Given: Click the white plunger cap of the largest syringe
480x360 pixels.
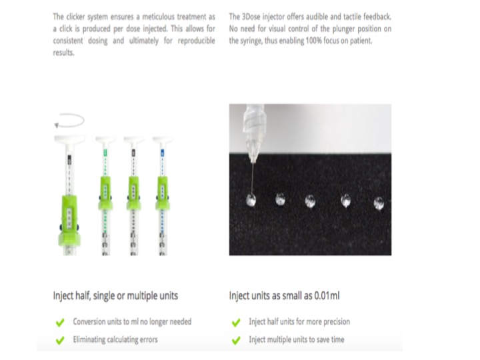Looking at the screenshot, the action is [69, 139].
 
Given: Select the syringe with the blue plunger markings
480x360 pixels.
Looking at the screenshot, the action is [163, 196].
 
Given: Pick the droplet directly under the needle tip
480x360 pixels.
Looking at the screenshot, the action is [251, 200].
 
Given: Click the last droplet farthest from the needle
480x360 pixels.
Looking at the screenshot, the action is [379, 203].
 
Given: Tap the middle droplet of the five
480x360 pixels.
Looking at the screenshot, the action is [310, 201].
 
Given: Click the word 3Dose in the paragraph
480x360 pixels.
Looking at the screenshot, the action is [251, 17].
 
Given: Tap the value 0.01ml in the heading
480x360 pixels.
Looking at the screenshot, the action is [327, 296].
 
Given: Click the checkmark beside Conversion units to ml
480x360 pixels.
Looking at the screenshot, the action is [60, 322].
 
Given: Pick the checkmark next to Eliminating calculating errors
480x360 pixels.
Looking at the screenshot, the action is [60, 340].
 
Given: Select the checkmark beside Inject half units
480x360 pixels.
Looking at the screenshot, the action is [236, 322].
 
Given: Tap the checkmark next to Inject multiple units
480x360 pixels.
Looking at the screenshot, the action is [236, 340].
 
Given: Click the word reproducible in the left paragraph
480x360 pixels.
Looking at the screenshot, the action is [196, 41].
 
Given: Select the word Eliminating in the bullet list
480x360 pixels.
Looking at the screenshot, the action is [89, 339].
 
